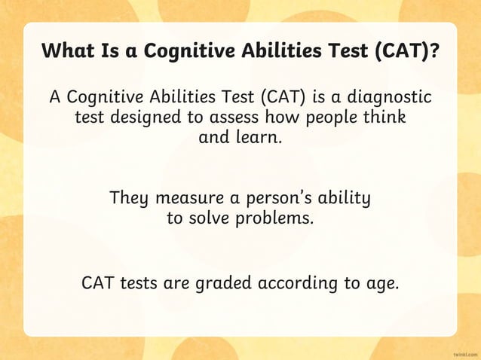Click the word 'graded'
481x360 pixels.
225,285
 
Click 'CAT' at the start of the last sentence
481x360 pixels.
97,285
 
